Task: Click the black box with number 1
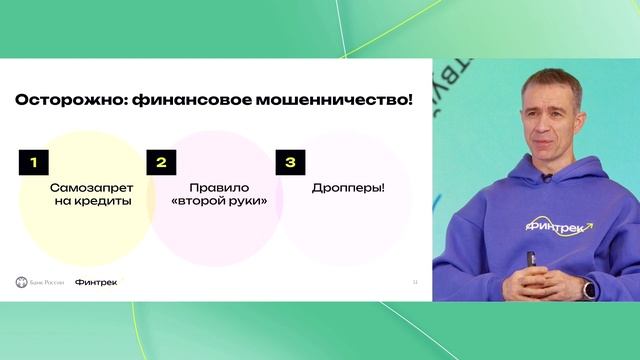coord(33,163)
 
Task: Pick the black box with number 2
coord(161,163)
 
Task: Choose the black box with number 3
coord(289,163)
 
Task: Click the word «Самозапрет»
coord(90,187)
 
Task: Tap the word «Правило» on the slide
coord(217,187)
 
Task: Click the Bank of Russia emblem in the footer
coord(22,282)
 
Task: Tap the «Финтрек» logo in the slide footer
coord(95,282)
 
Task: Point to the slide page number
coord(415,282)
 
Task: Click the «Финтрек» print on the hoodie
coord(556,227)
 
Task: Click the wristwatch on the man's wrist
coord(589,289)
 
